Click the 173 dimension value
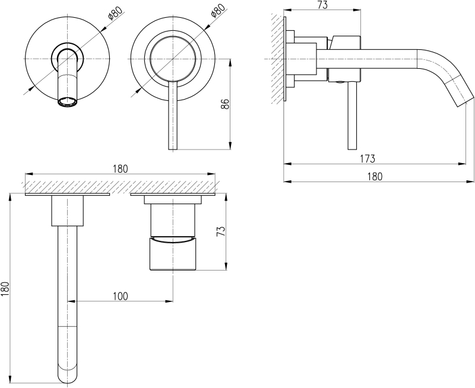pos(367,158)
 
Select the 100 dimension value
pos(120,295)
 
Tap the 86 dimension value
pos(224,104)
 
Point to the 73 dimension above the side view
pos(323,5)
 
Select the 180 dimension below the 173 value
pos(375,176)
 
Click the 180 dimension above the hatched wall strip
pos(119,168)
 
